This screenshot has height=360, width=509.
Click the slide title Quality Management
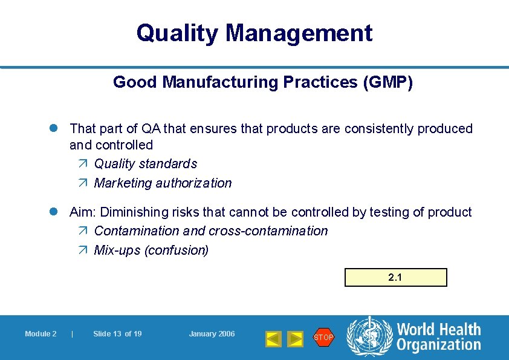(254, 33)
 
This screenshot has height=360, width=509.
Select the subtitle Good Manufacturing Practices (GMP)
(263, 82)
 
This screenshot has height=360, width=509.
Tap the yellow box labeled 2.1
(395, 278)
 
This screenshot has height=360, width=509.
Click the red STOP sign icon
(323, 337)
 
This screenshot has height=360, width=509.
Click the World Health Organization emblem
(369, 337)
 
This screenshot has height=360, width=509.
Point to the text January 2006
(212, 334)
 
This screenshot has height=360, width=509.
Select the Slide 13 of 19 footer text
(117, 334)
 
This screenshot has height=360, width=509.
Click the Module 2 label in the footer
(41, 334)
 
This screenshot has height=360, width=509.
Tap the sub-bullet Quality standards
(146, 164)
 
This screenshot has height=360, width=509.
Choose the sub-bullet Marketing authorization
(163, 183)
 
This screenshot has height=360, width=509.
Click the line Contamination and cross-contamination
(211, 231)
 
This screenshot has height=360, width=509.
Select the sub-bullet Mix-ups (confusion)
(151, 250)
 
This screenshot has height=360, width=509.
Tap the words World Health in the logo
(438, 330)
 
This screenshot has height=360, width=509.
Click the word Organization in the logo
(438, 345)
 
